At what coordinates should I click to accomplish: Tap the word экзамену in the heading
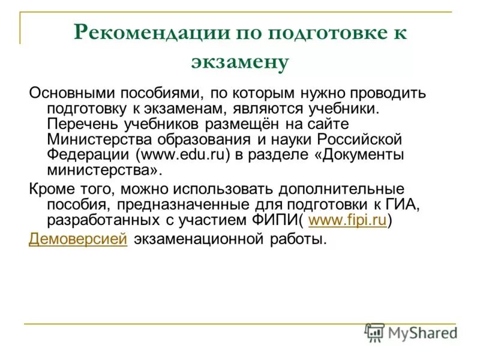pyautogui.click(x=240, y=62)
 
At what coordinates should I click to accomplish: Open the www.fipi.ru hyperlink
pyautogui.click(x=347, y=220)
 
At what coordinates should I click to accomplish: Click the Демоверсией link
pyautogui.click(x=78, y=239)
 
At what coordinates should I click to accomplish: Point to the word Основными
pyautogui.click(x=72, y=94)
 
